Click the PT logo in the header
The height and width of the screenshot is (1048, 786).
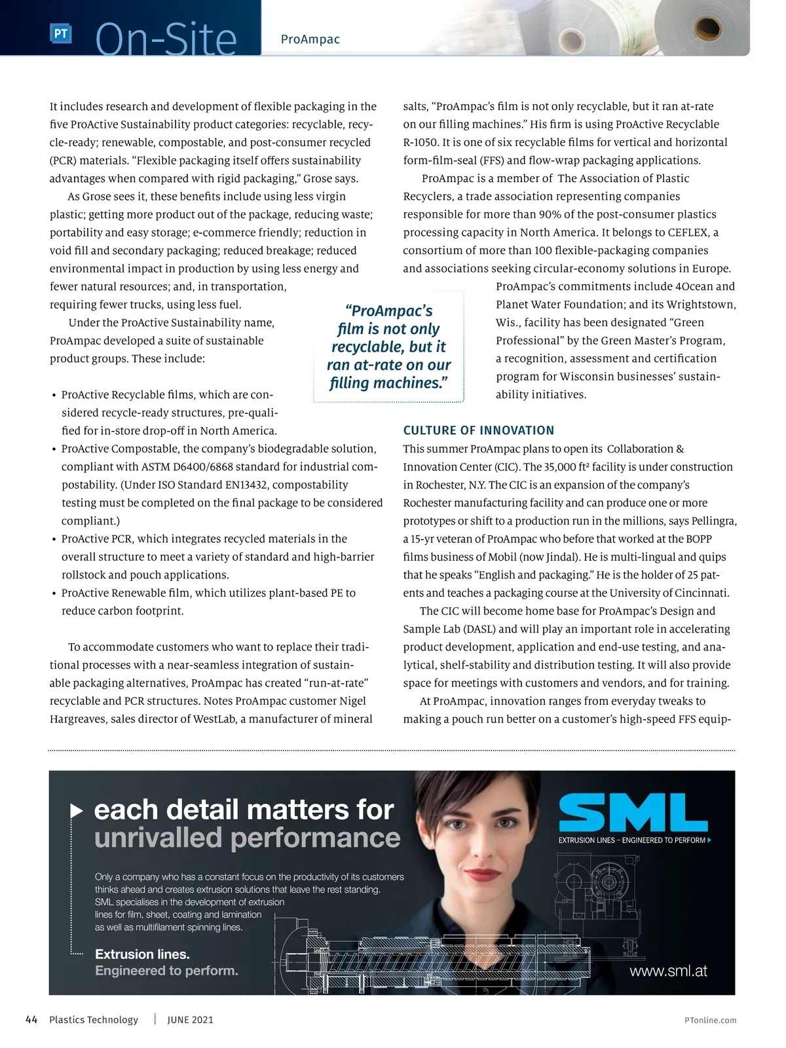click(60, 34)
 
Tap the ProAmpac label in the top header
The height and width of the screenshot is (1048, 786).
click(310, 39)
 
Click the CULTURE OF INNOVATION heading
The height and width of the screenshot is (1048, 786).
click(478, 430)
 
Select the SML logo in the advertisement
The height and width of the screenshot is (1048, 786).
click(633, 813)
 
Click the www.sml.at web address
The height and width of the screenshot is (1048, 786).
click(668, 971)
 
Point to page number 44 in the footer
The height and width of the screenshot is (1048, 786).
click(31, 1020)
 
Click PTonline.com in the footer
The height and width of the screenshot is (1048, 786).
click(710, 1020)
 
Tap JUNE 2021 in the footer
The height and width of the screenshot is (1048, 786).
click(190, 1020)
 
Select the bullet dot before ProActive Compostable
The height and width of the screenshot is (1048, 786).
click(53, 450)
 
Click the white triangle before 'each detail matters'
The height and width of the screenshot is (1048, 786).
click(77, 811)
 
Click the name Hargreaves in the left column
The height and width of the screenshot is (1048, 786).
click(77, 719)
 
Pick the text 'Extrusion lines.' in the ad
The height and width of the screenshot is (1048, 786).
click(142, 954)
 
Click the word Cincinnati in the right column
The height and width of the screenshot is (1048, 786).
click(702, 593)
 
